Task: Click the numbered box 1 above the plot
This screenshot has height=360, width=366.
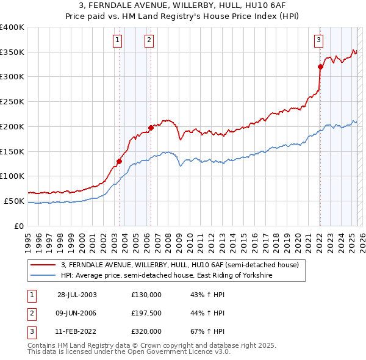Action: [117, 41]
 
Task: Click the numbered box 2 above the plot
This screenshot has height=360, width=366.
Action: [149, 41]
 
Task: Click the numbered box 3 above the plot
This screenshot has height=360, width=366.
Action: [318, 41]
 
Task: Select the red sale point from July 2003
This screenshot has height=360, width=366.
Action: [120, 161]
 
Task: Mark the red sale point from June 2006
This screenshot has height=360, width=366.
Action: [151, 128]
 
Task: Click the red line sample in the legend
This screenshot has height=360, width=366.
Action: [43, 265]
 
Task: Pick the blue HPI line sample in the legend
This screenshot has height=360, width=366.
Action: [43, 276]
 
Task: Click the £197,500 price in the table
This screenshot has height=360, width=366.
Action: [146, 313]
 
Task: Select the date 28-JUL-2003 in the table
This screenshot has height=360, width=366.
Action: [77, 295]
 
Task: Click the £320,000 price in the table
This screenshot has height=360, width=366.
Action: [146, 331]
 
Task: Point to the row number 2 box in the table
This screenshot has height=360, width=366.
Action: [30, 313]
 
